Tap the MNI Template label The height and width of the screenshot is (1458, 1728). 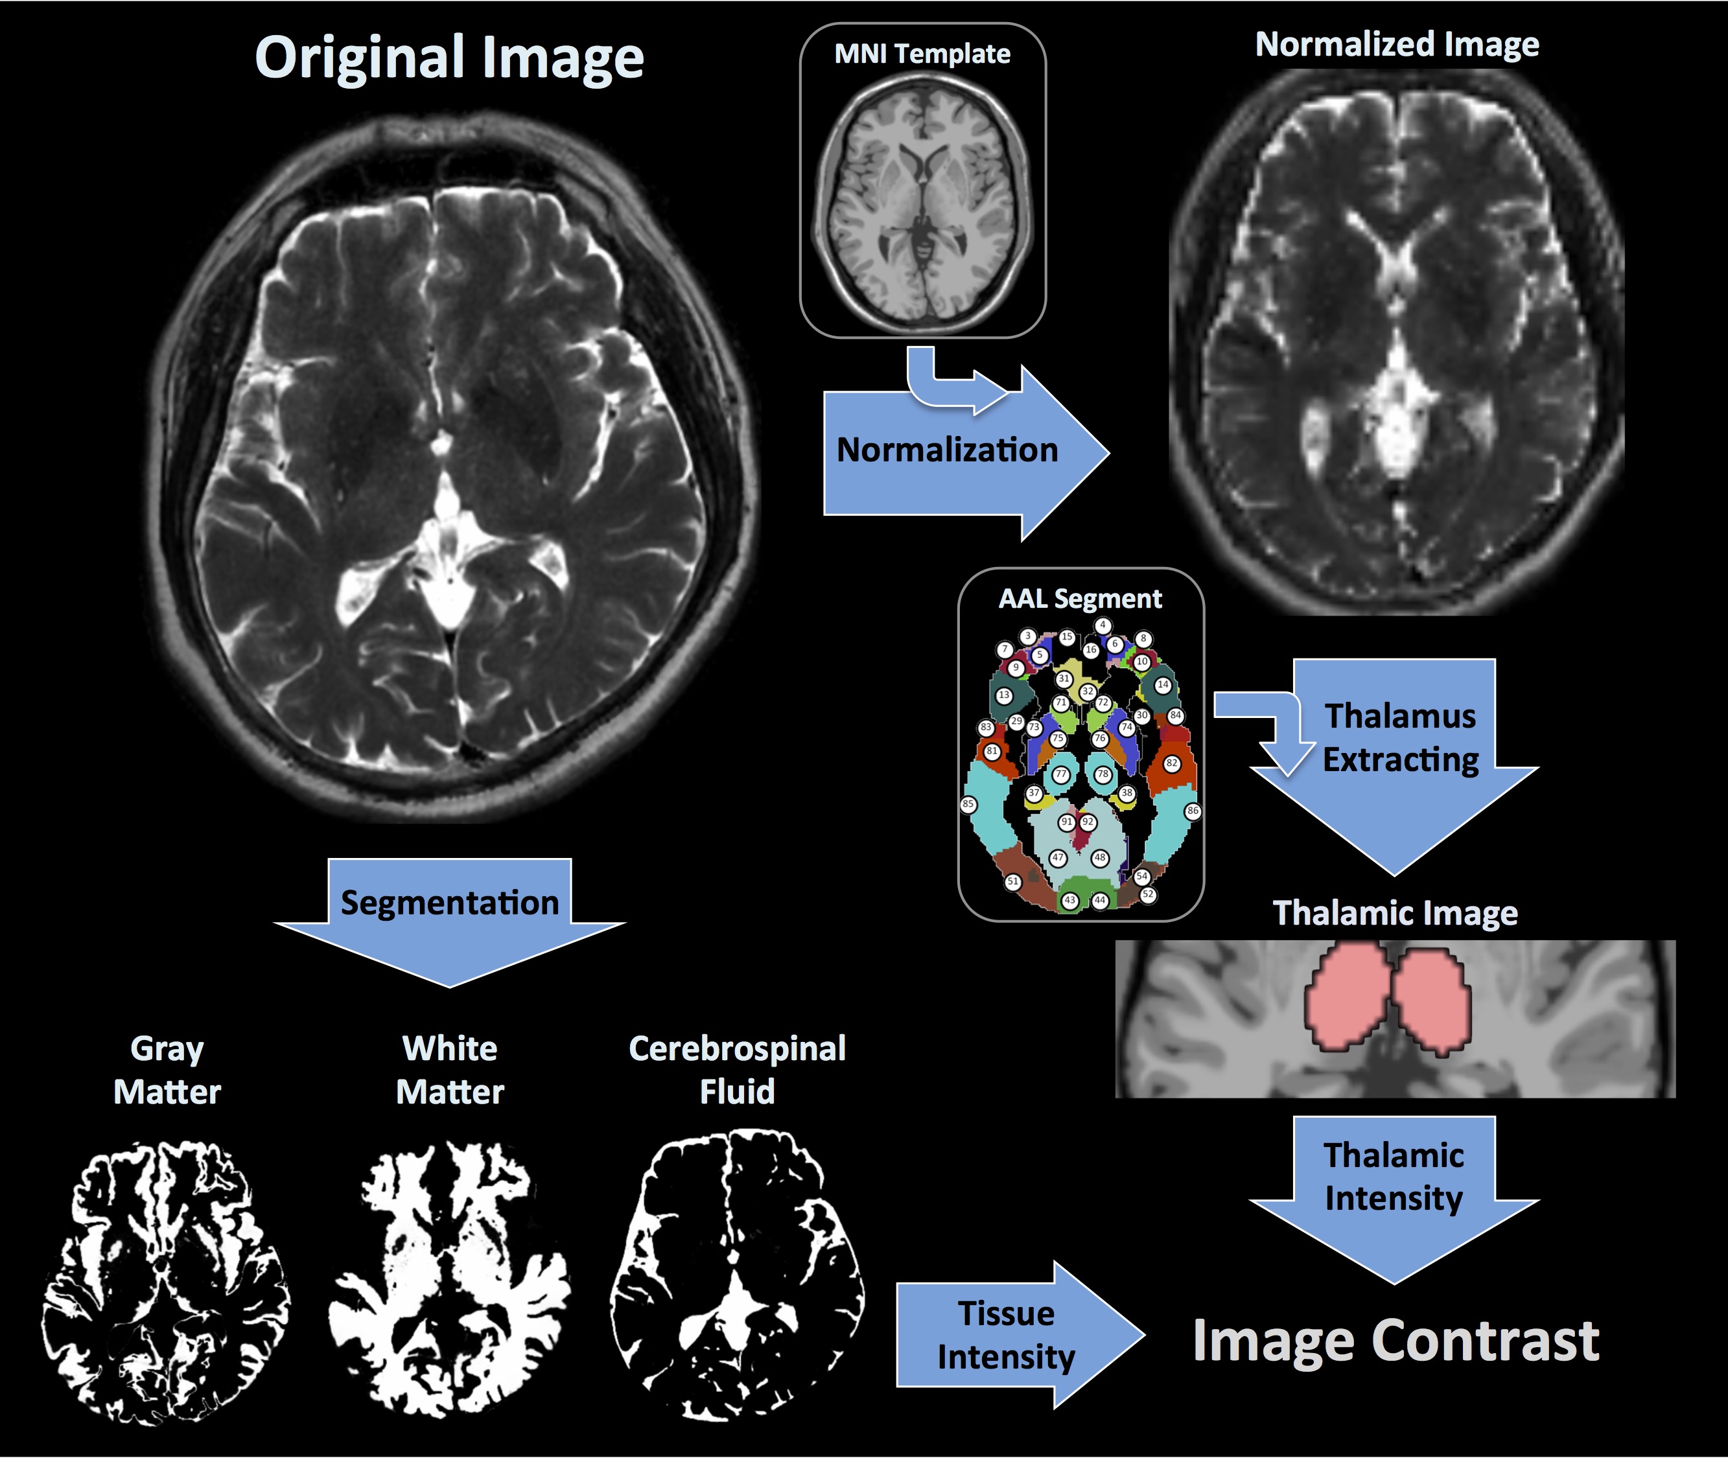pyautogui.click(x=922, y=54)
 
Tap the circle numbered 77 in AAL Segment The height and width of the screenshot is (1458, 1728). pyautogui.click(x=1061, y=774)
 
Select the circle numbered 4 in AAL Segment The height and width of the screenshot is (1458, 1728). pyautogui.click(x=1103, y=626)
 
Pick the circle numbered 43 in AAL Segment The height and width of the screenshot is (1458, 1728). pyautogui.click(x=1071, y=900)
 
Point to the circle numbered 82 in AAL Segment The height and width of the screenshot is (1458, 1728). pyautogui.click(x=1172, y=763)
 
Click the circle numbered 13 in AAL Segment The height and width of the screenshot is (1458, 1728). pyautogui.click(x=1004, y=695)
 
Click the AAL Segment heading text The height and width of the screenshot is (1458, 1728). pyautogui.click(x=1080, y=598)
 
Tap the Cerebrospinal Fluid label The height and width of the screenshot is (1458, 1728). pyautogui.click(x=737, y=1070)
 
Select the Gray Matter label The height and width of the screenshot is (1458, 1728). pyautogui.click(x=167, y=1070)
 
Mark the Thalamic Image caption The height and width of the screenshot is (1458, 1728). pyautogui.click(x=1395, y=913)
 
